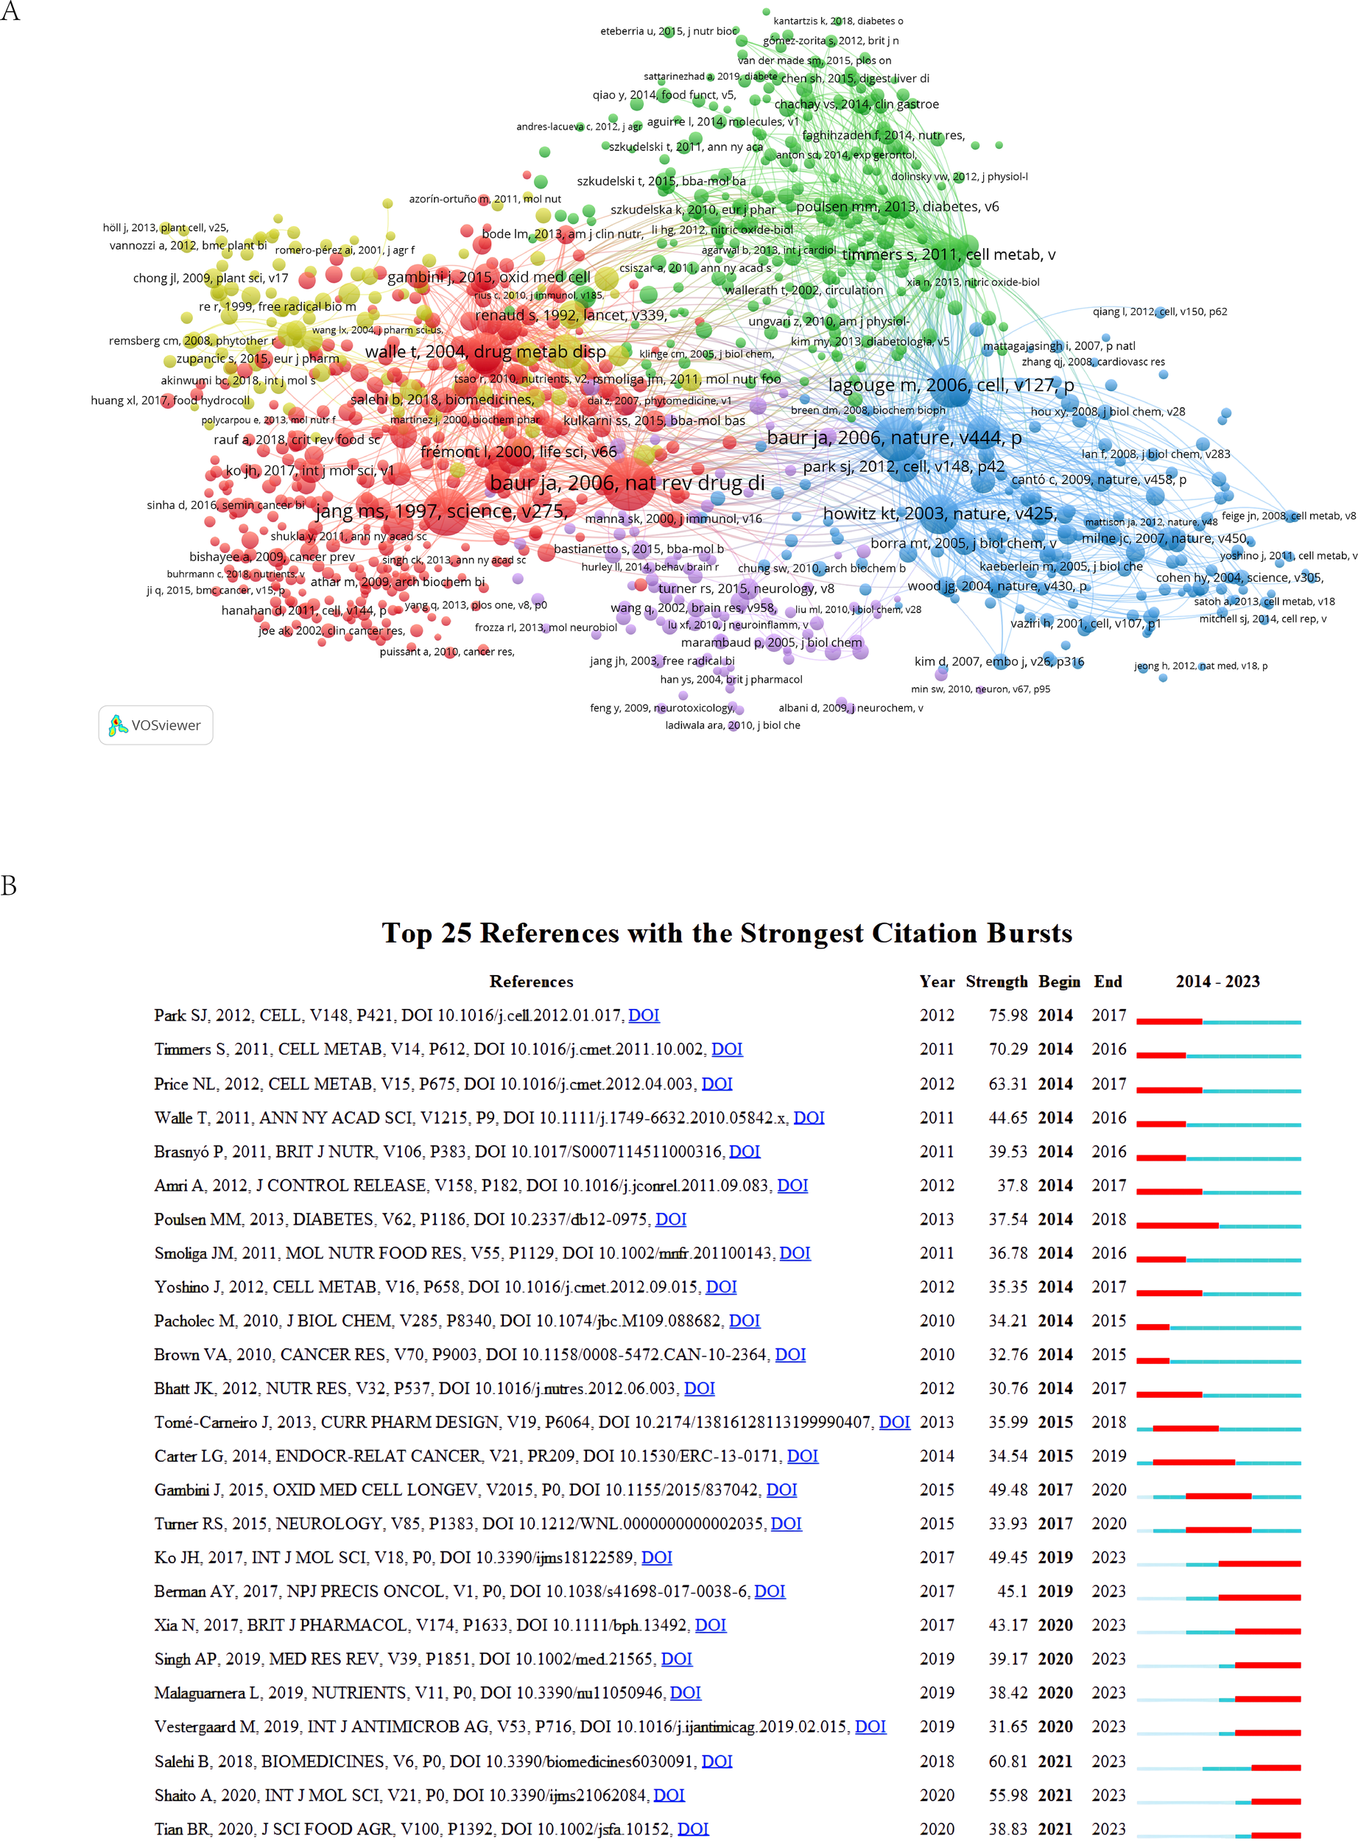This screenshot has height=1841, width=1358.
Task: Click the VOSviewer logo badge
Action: [x=155, y=725]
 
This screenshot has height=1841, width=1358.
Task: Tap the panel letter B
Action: [x=9, y=885]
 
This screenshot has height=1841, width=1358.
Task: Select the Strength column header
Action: [x=996, y=982]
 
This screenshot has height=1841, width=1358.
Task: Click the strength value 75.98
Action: [x=1007, y=1015]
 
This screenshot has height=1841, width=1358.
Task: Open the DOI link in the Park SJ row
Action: [x=644, y=1015]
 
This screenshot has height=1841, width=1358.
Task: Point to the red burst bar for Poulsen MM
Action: [x=1177, y=1225]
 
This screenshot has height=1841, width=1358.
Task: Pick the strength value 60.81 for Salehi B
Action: [x=1007, y=1761]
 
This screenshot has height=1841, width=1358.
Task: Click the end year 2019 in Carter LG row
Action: [x=1108, y=1456]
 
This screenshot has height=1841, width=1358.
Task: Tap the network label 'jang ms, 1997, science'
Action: [x=441, y=511]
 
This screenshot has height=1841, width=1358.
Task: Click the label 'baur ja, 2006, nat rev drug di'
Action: [x=627, y=483]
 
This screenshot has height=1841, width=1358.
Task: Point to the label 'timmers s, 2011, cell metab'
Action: [x=948, y=255]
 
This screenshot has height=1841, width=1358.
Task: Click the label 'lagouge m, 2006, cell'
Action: [x=950, y=385]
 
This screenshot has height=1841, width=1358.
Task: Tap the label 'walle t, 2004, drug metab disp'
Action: [x=485, y=352]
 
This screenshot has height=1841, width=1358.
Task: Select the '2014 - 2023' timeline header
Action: [x=1217, y=982]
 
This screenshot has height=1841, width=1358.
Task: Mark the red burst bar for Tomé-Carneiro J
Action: [x=1186, y=1429]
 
